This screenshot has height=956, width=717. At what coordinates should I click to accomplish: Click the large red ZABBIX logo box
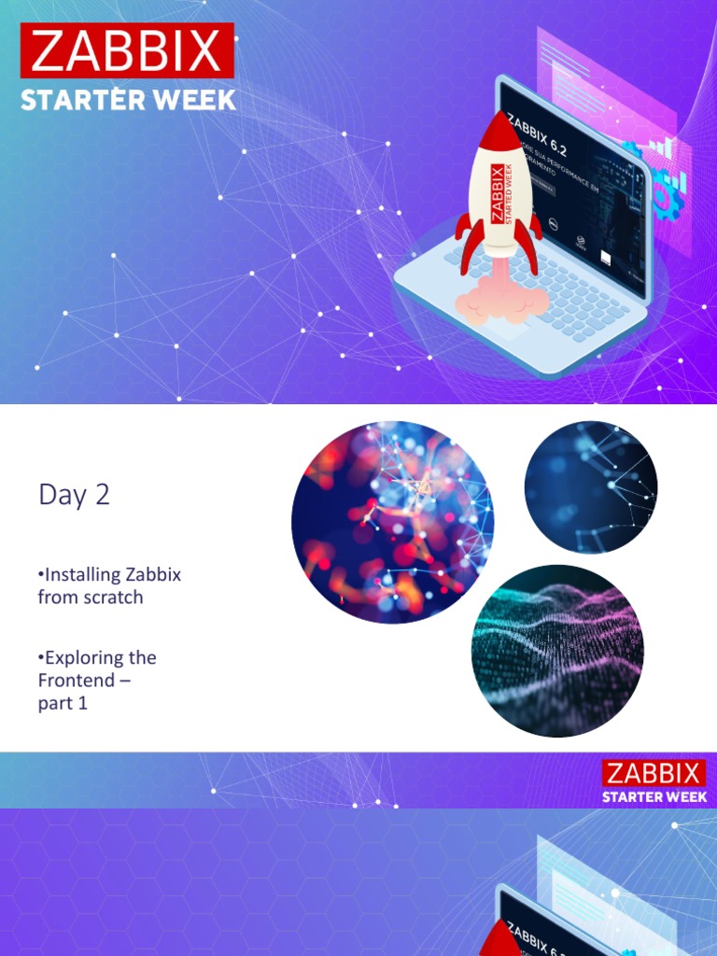click(x=127, y=50)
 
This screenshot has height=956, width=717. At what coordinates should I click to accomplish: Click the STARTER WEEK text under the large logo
click(x=128, y=99)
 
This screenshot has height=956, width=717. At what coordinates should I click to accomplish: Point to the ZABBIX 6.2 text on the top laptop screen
click(x=537, y=136)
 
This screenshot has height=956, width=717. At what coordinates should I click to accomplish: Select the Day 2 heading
click(x=74, y=495)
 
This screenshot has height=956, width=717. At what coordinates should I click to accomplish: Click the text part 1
click(x=63, y=703)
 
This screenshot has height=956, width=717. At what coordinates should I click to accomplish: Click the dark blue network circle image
click(x=591, y=487)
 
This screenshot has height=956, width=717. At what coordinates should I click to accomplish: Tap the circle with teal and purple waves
click(x=557, y=651)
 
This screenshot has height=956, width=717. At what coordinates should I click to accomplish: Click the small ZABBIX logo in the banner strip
click(x=654, y=773)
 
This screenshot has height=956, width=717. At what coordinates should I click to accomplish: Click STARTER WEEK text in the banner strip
click(x=654, y=796)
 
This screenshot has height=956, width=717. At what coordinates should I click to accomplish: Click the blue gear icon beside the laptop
click(x=667, y=197)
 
